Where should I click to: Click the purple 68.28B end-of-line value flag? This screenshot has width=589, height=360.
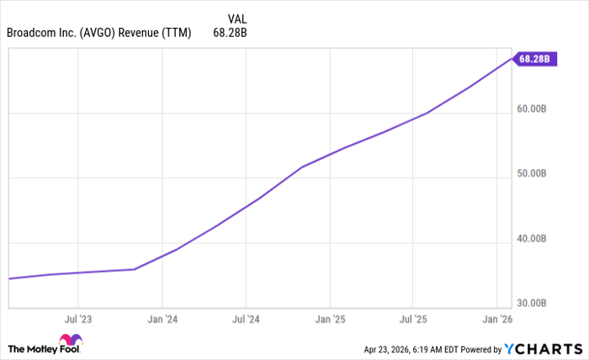[x=534, y=59]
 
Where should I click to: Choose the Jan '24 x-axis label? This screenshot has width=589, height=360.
[x=162, y=320]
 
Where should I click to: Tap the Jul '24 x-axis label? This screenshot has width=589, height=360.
[x=245, y=320]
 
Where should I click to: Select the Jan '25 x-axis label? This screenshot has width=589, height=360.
[x=329, y=320]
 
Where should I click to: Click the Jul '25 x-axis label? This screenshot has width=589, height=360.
[x=412, y=320]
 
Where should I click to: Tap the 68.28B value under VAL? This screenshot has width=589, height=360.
[x=231, y=34]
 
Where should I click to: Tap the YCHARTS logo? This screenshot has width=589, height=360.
[x=542, y=348]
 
